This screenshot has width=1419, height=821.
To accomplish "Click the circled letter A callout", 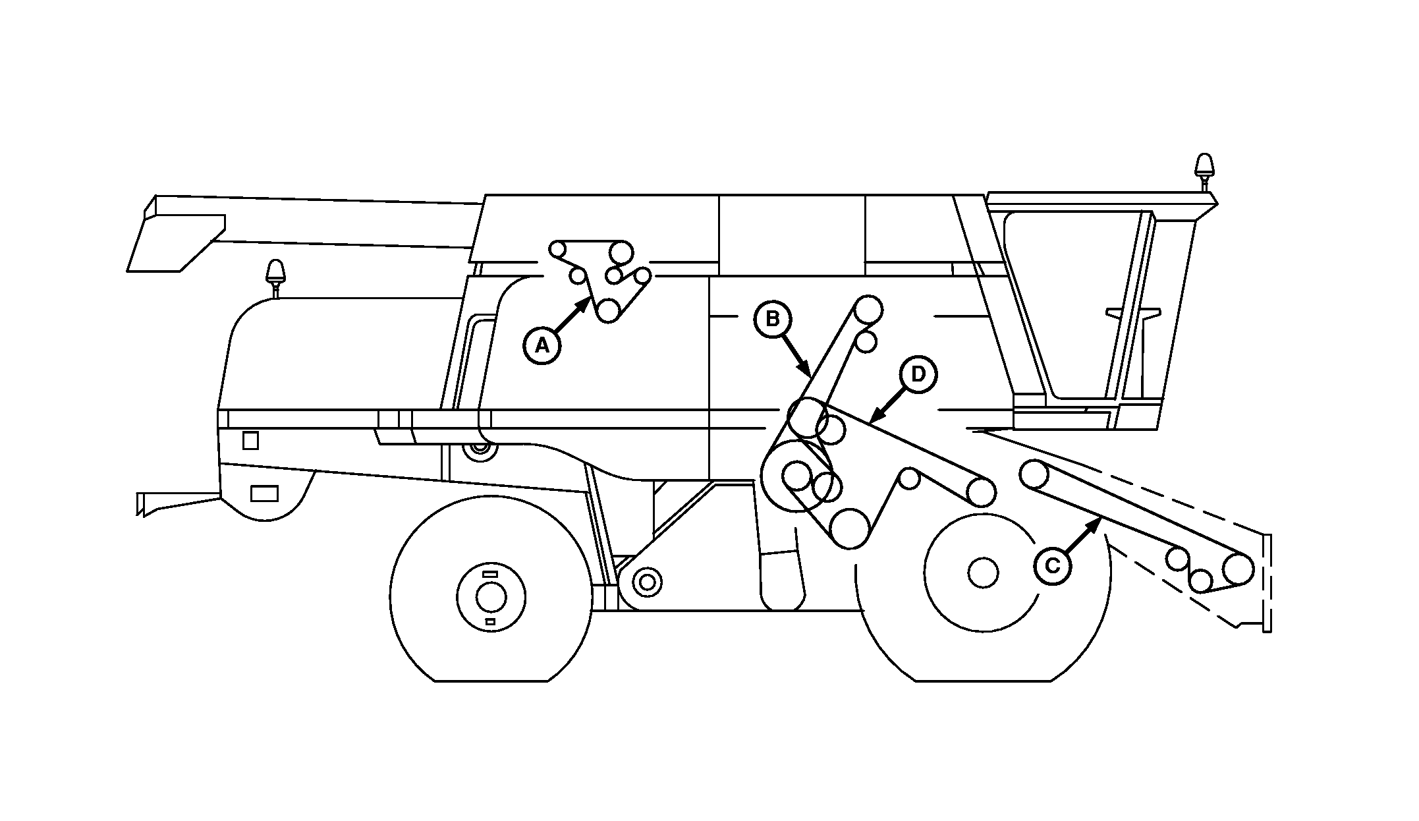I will (x=542, y=345).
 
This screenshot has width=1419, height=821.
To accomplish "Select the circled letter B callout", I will (x=773, y=319).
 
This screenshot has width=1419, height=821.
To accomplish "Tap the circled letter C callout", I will (x=1053, y=565).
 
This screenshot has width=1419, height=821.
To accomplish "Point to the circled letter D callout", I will (x=918, y=374).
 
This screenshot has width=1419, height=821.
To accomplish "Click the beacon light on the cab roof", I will (x=1204, y=165).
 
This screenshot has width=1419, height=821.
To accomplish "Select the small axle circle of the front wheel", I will (x=983, y=571).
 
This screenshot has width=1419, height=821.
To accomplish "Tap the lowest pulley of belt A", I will (x=608, y=310).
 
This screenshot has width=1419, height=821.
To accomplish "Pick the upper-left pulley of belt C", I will (x=1034, y=473).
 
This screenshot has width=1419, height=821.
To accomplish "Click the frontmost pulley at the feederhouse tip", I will (x=1238, y=569).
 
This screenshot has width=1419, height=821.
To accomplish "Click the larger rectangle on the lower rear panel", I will (x=265, y=493).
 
